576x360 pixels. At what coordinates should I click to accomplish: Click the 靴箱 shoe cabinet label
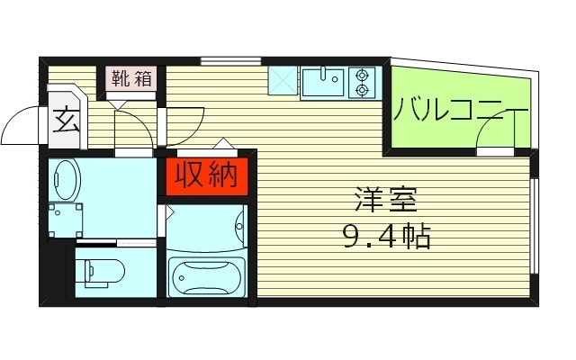(x=131, y=77)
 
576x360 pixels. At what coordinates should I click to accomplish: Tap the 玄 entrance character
(x=65, y=120)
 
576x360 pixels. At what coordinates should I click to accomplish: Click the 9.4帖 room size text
(x=385, y=238)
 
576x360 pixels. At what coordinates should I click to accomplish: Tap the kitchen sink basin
(x=323, y=83)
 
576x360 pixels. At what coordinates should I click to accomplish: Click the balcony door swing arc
(x=494, y=135)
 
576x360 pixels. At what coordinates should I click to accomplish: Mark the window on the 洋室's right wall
(x=535, y=225)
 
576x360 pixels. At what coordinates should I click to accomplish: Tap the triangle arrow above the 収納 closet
(x=221, y=144)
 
